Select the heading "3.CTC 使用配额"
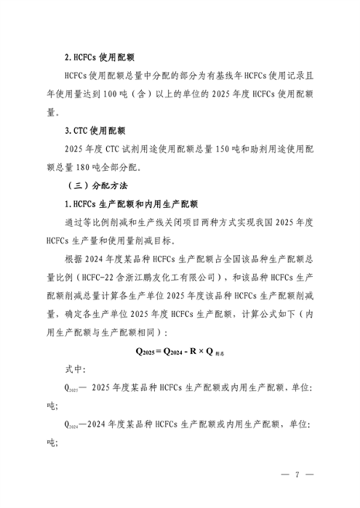(95, 131)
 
